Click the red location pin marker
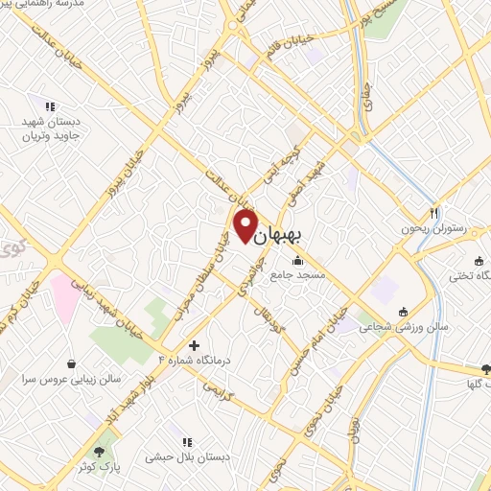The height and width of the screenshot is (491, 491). tap(245, 223)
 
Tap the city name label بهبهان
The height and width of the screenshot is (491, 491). tap(285, 234)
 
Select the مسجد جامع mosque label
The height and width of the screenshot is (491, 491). tap(297, 275)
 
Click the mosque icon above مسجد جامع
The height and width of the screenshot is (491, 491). tap(298, 259)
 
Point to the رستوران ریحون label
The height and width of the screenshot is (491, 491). tap(434, 230)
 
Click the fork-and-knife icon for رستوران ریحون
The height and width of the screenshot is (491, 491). tap(434, 213)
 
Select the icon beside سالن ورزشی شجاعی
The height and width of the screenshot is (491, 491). tap(403, 311)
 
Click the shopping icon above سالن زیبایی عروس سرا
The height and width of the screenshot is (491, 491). tap(73, 362)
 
